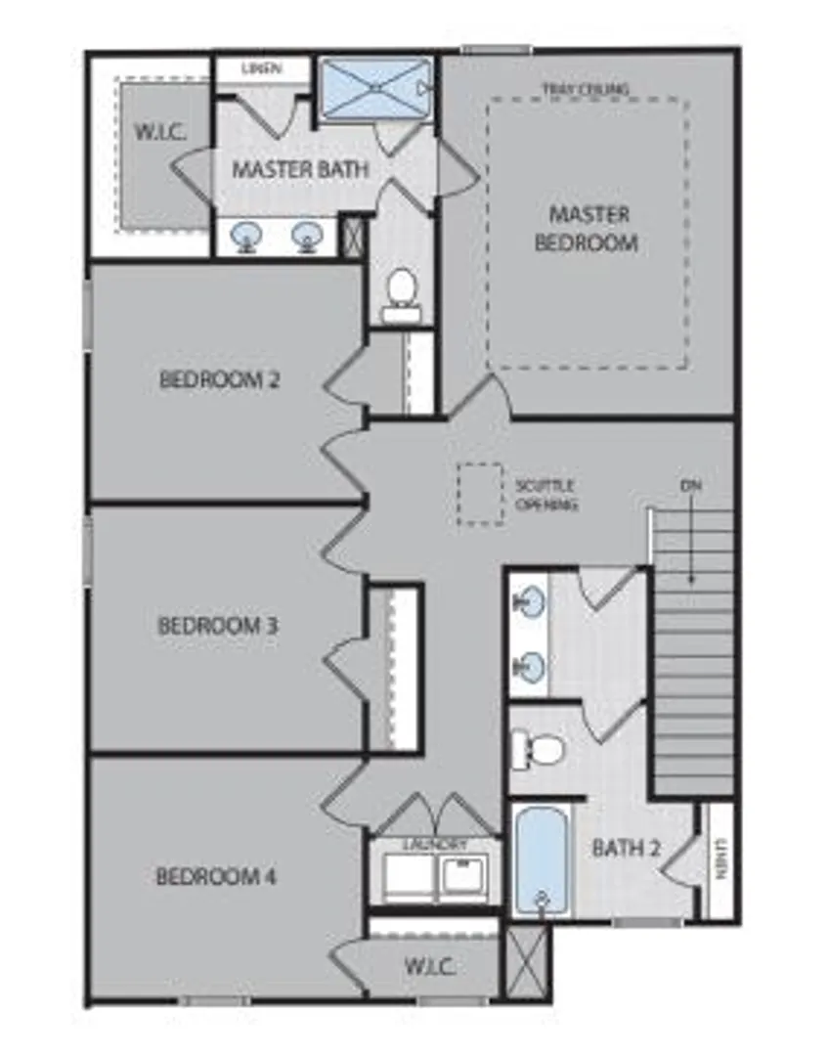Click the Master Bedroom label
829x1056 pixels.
click(586, 228)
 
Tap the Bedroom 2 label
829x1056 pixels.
click(219, 379)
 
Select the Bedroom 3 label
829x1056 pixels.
click(218, 626)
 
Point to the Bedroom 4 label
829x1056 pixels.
click(216, 876)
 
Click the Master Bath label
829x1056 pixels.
click(300, 169)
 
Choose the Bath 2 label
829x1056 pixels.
click(626, 848)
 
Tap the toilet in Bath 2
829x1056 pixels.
click(537, 749)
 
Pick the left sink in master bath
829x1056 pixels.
click(246, 237)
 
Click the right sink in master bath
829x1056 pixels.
click(307, 237)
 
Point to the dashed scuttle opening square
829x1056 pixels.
click(480, 495)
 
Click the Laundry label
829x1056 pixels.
click(435, 844)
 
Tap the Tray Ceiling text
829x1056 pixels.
click(586, 88)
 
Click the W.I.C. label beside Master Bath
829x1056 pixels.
click(160, 131)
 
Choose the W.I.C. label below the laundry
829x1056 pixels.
click(429, 967)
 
